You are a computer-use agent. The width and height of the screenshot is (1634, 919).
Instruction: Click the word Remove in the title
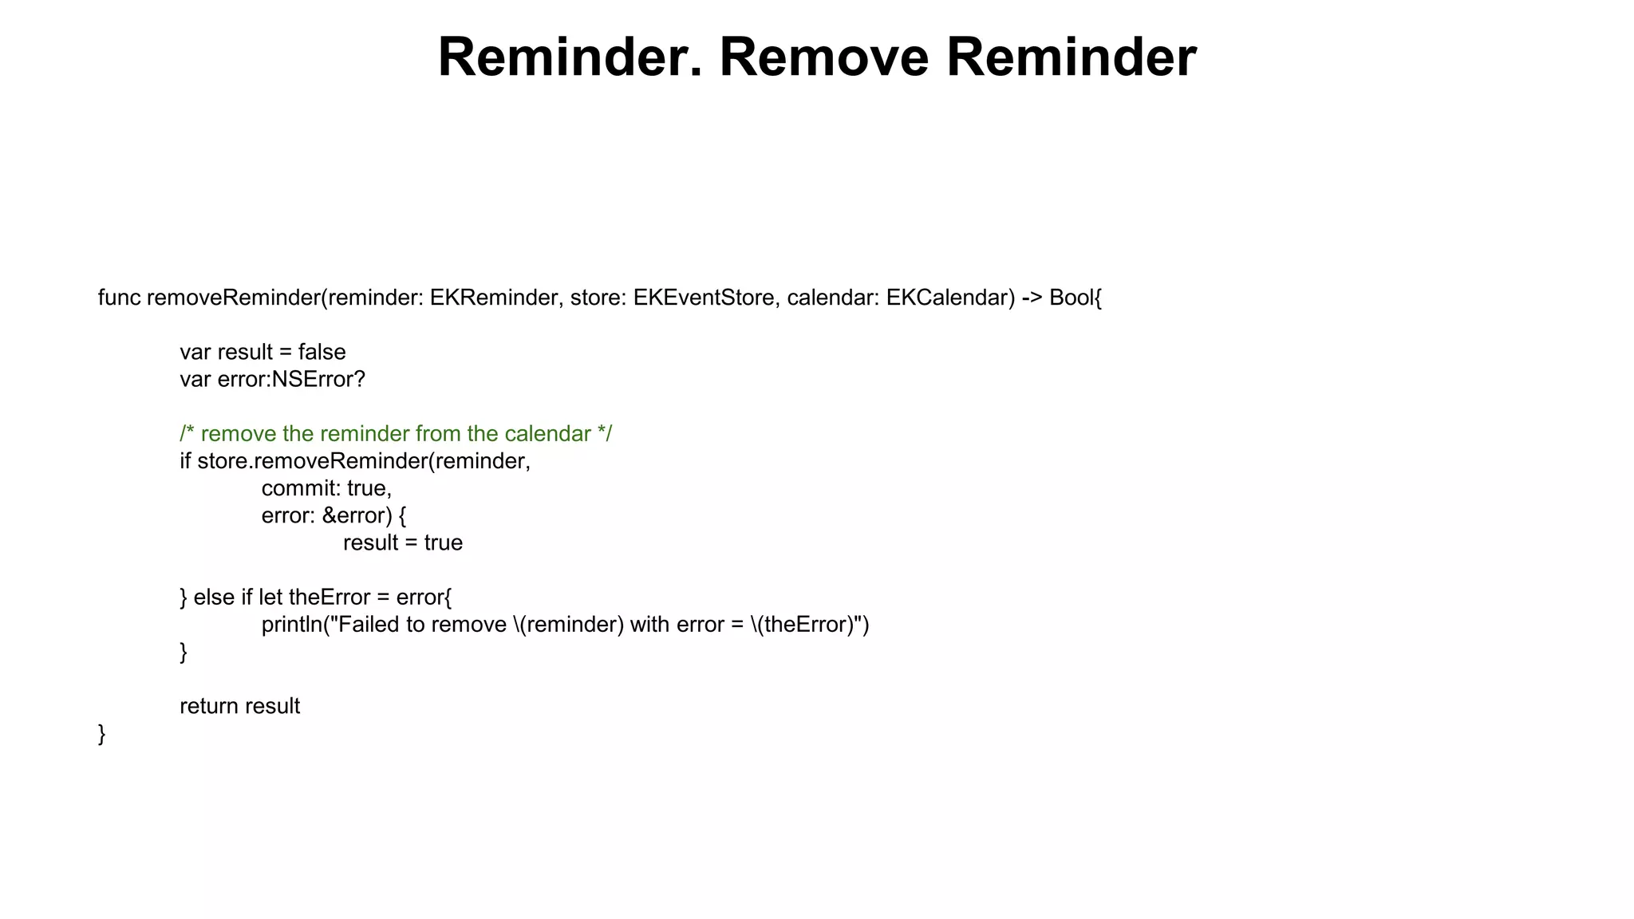click(x=823, y=57)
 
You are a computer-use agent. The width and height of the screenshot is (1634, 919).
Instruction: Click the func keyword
click(x=119, y=298)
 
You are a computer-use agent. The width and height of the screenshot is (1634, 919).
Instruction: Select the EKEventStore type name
click(x=704, y=298)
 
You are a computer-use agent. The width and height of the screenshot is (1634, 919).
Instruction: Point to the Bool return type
click(x=1071, y=298)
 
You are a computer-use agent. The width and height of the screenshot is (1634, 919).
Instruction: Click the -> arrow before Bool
click(x=1032, y=298)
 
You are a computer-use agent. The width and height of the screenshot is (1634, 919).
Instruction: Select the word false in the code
click(x=322, y=352)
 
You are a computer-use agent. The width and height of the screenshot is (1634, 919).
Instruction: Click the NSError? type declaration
click(x=318, y=379)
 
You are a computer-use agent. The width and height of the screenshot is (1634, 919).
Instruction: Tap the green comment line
click(x=396, y=434)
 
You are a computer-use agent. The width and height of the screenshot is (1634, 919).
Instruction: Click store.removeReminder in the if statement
click(x=312, y=461)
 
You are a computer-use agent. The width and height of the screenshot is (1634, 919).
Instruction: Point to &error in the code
click(x=357, y=515)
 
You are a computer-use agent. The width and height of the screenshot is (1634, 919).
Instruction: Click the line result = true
click(x=403, y=542)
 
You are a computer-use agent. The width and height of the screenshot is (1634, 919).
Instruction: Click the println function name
click(x=290, y=624)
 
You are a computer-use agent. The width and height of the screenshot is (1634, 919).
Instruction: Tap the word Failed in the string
click(x=369, y=624)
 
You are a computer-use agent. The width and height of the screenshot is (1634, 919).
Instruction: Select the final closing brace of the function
click(x=101, y=734)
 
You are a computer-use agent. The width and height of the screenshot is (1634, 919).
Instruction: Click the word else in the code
click(x=214, y=597)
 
